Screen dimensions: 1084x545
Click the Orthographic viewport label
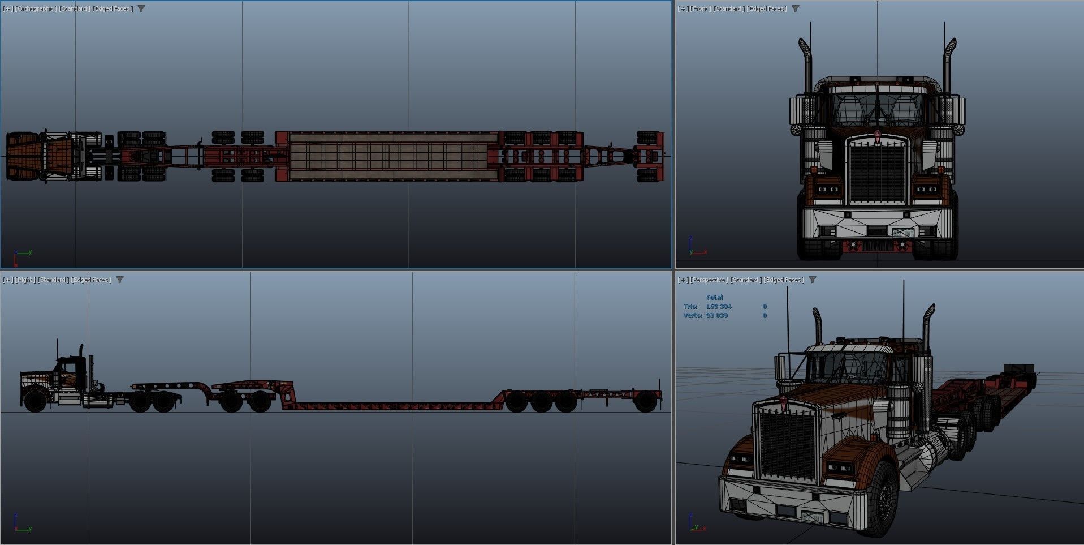(37, 8)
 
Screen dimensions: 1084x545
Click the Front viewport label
(701, 8)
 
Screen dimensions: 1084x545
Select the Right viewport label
(25, 280)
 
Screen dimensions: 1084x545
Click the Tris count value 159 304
(719, 306)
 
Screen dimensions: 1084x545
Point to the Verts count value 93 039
(717, 315)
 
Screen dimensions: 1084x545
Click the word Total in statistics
(714, 297)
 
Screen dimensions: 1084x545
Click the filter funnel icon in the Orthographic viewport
(141, 8)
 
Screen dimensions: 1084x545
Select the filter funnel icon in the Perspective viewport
(813, 280)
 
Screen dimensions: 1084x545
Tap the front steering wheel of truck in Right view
(36, 400)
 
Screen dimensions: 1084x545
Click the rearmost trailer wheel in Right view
(645, 400)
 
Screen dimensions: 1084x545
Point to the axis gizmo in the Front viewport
(697, 247)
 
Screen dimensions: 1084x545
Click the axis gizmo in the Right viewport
(21, 523)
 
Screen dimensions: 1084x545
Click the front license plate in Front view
(902, 232)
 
